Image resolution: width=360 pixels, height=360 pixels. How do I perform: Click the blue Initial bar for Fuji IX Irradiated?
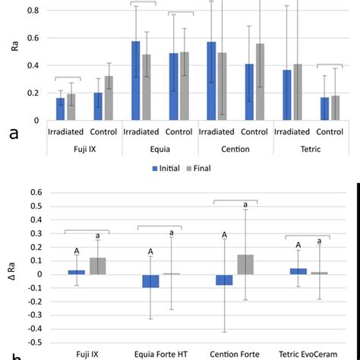[60, 109]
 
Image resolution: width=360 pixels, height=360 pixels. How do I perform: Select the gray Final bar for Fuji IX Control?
[109, 98]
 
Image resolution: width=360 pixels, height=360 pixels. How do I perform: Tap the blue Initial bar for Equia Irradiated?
[135, 81]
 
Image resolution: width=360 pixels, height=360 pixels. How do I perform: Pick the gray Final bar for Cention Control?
[260, 81]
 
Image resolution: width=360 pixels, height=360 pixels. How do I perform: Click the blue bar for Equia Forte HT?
[150, 281]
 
